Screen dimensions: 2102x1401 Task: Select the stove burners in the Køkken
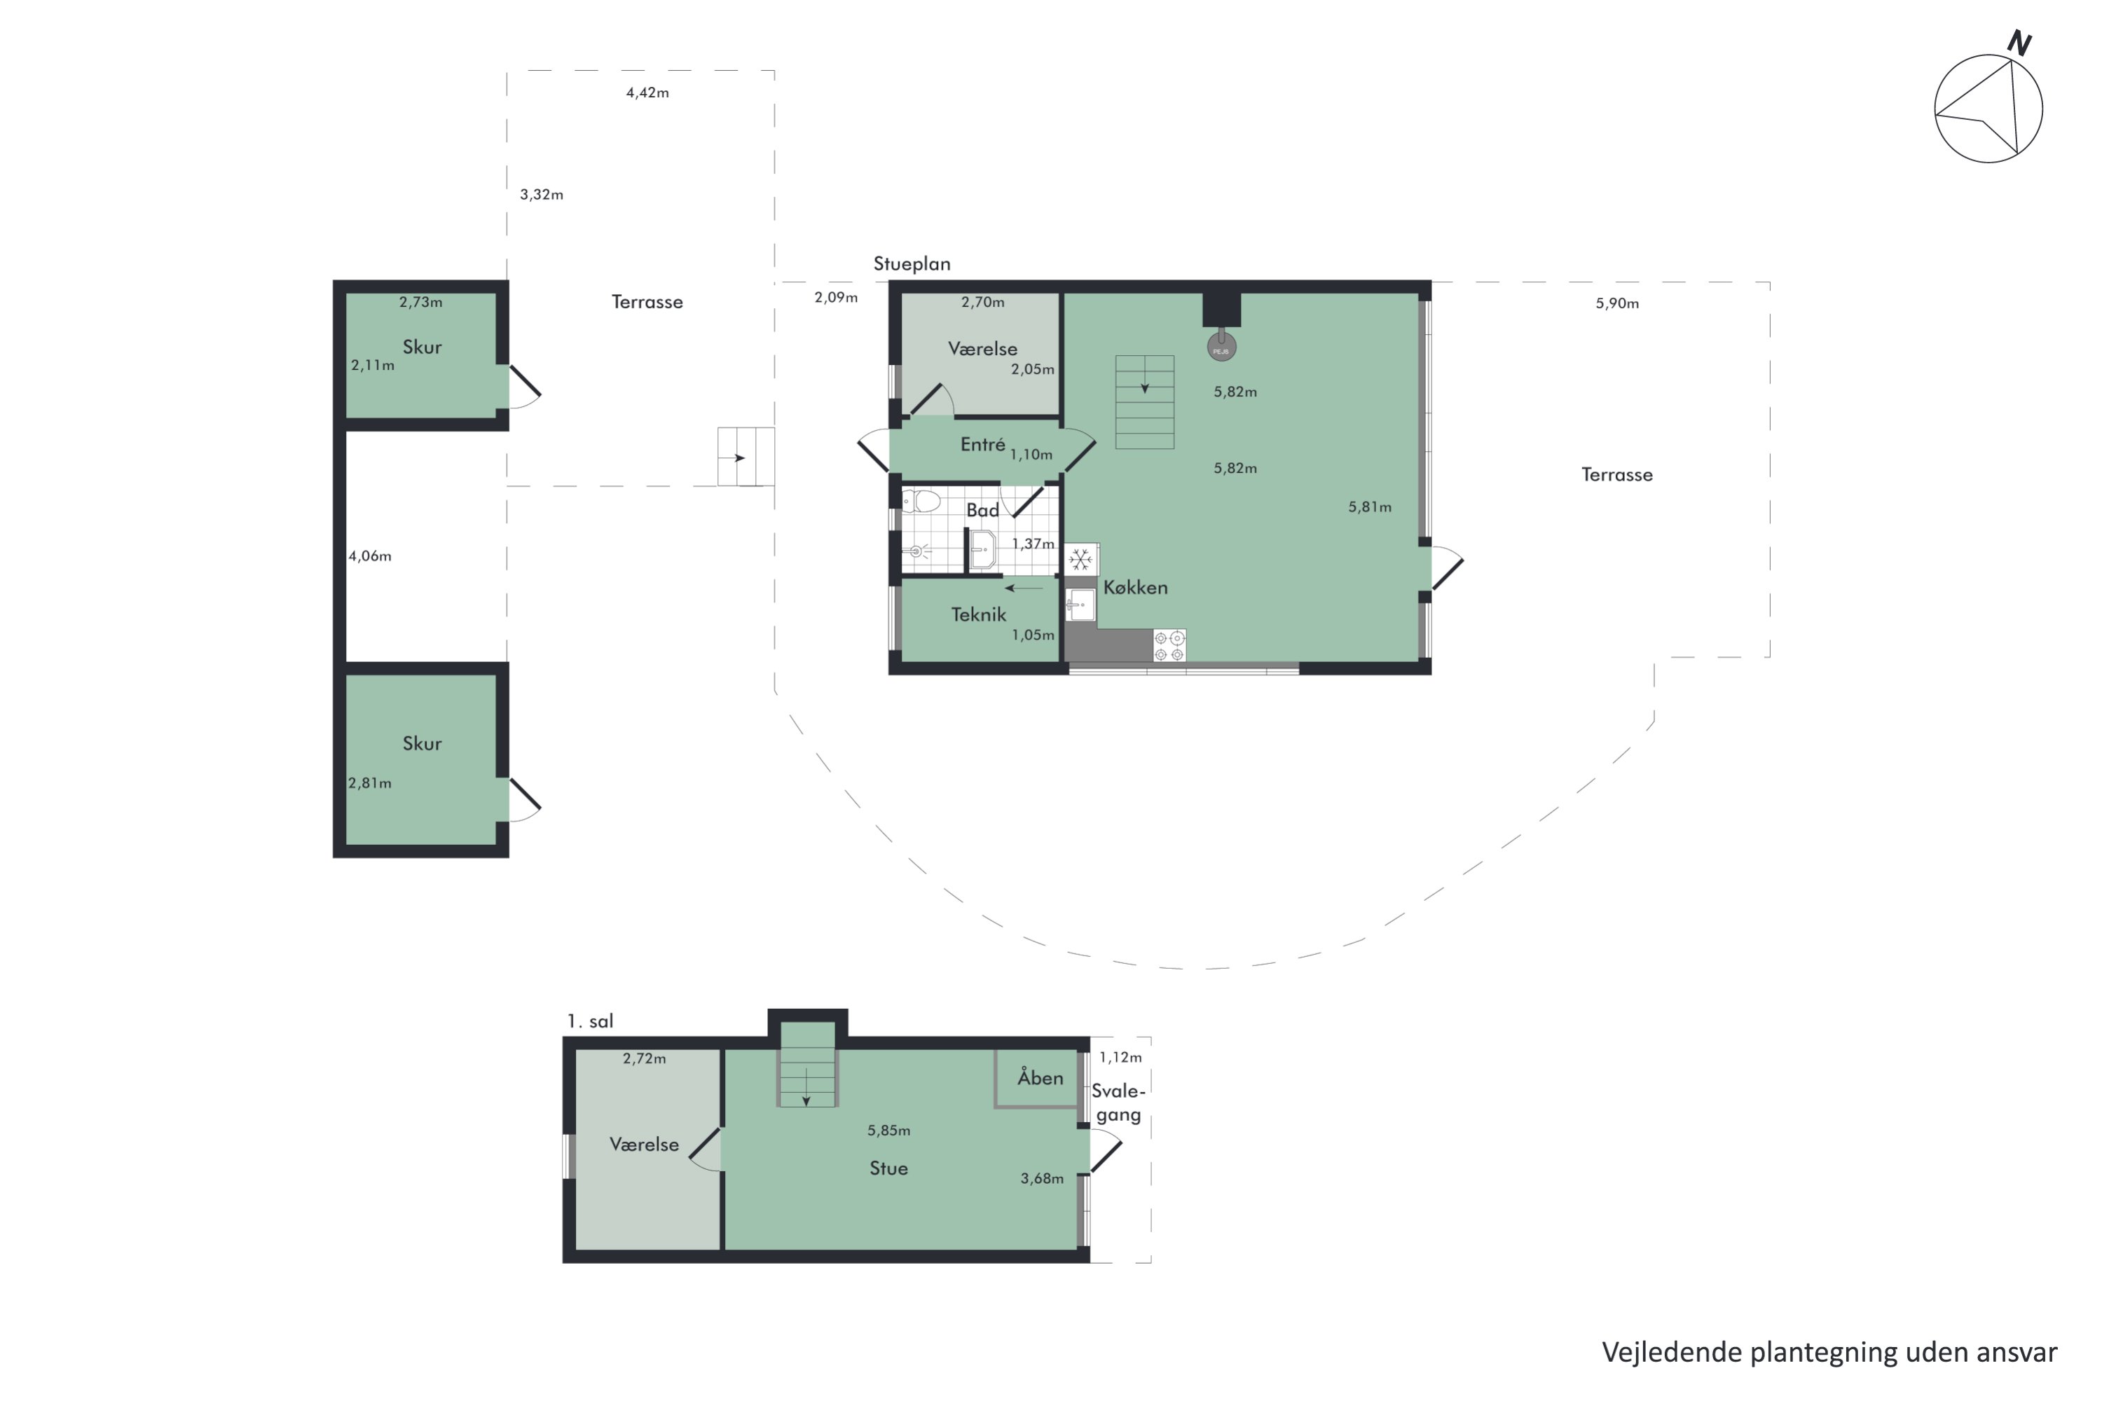point(1169,646)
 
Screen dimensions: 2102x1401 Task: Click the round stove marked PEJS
point(1222,346)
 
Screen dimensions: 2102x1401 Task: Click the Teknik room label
point(979,615)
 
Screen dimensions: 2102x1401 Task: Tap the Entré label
point(983,444)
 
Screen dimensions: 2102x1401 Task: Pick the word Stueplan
point(912,263)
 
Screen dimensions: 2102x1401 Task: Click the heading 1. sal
point(590,1021)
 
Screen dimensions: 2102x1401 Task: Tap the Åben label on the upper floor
point(1040,1077)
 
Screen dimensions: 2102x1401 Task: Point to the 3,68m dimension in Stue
point(1042,1178)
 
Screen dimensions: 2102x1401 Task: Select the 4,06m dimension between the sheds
point(370,555)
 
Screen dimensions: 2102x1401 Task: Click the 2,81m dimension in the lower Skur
point(370,782)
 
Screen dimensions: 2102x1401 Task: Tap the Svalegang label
point(1118,1103)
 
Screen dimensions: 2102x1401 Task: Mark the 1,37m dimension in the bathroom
point(1033,544)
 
